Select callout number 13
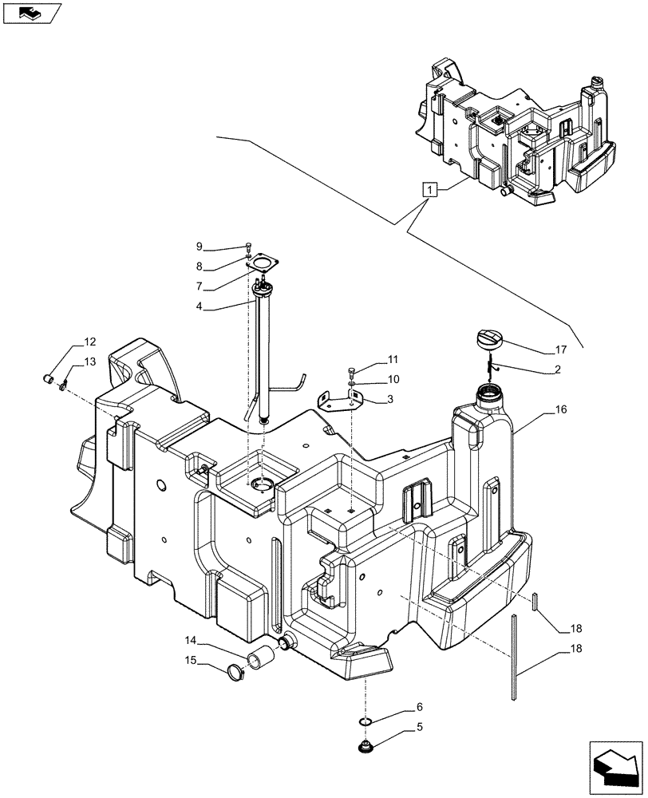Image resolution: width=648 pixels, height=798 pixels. click(x=89, y=361)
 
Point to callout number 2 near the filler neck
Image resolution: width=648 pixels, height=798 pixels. click(x=557, y=369)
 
